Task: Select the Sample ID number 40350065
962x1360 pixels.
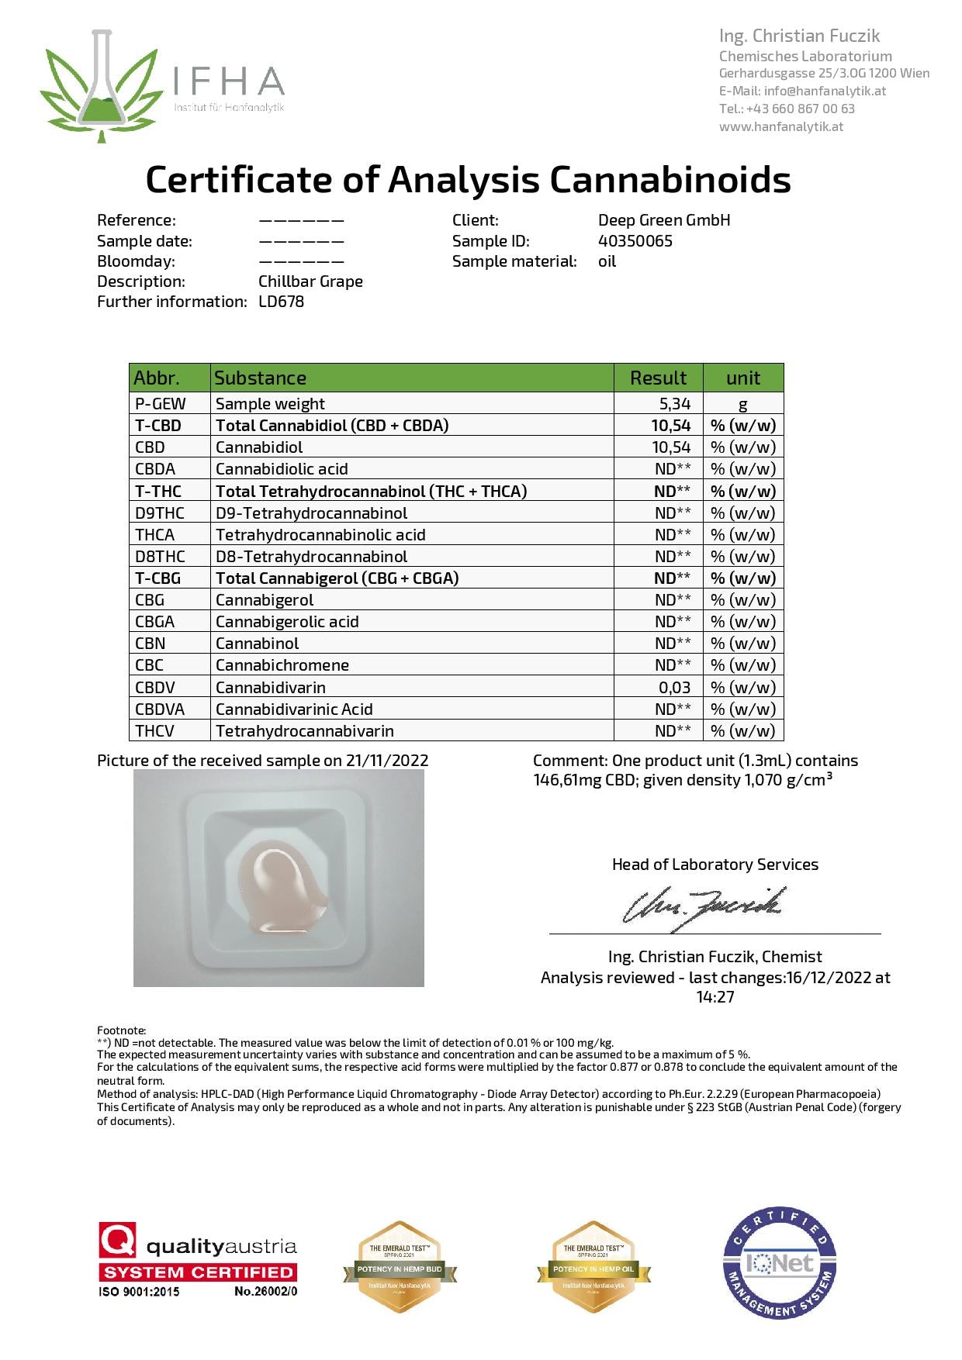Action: click(635, 240)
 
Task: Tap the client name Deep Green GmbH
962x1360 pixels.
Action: click(664, 220)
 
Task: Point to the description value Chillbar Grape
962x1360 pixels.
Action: click(310, 281)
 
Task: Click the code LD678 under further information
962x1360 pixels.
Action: click(281, 302)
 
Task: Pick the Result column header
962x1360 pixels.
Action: click(658, 378)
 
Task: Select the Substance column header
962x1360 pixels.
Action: click(260, 378)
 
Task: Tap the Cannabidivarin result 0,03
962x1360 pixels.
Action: click(674, 687)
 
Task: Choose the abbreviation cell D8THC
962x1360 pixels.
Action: click(160, 556)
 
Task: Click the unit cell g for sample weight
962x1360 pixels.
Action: click(742, 404)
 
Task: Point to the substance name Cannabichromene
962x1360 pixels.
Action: click(282, 664)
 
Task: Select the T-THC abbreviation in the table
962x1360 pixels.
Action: click(157, 491)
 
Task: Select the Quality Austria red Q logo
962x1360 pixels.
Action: click(117, 1240)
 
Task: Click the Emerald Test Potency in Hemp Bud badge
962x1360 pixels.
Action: click(400, 1267)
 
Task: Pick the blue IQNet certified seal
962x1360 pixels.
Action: click(780, 1262)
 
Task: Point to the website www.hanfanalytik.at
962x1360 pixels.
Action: click(780, 126)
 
